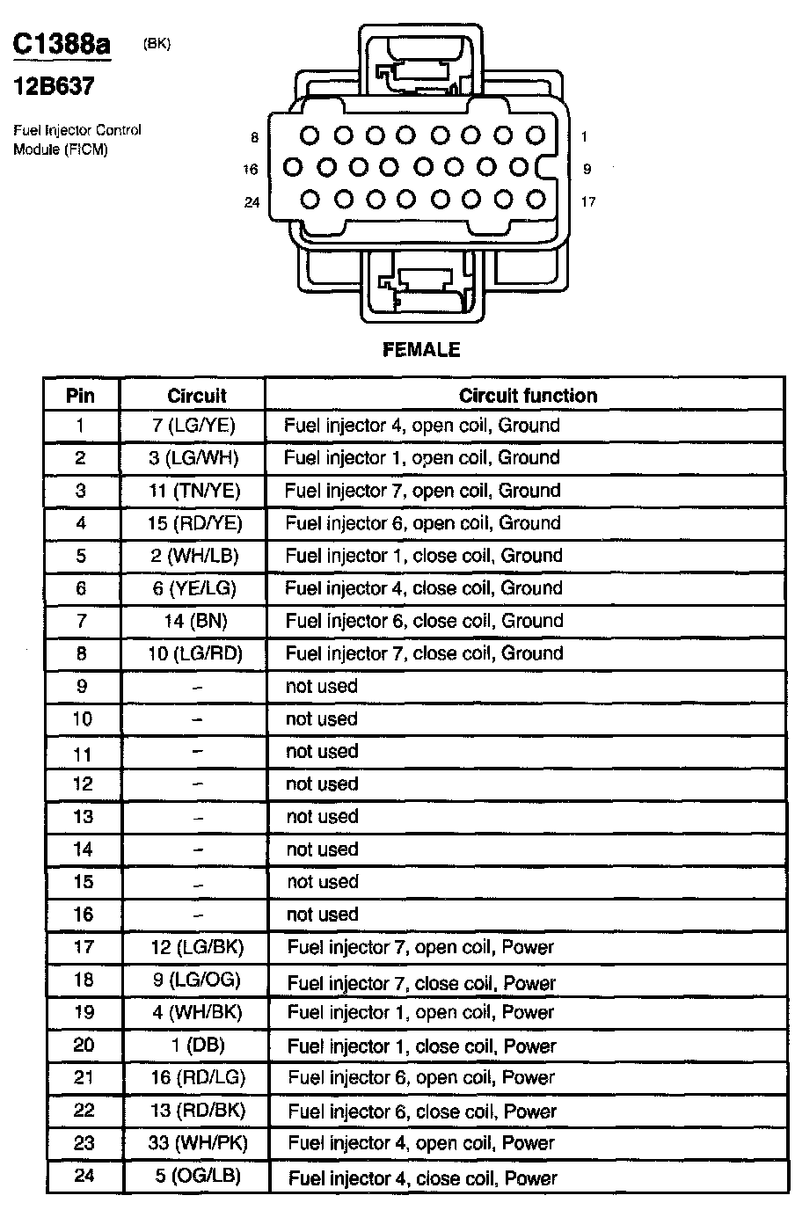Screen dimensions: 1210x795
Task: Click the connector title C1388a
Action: [x=62, y=45]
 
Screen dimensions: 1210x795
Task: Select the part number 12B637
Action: [x=54, y=86]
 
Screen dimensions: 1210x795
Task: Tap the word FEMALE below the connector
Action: [x=421, y=349]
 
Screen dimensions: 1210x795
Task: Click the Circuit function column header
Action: [x=528, y=396]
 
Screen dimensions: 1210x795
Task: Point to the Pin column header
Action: [x=81, y=396]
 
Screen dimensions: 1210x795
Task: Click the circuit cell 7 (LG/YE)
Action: [x=193, y=426]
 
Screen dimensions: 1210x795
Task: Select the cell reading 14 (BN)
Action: [x=195, y=621]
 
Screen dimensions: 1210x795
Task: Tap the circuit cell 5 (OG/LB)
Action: [x=197, y=1176]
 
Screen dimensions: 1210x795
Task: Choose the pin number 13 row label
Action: [x=83, y=816]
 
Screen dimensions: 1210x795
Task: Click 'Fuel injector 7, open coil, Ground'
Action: [x=422, y=491]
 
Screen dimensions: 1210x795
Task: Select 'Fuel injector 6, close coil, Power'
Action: [x=422, y=1112]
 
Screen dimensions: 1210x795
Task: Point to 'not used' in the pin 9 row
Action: [x=322, y=686]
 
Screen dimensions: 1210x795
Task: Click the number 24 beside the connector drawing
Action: [x=252, y=202]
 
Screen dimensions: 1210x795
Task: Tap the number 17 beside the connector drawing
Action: [x=588, y=202]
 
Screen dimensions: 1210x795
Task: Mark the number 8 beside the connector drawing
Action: [x=255, y=137]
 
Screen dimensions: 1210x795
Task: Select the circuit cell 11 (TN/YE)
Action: [x=194, y=491]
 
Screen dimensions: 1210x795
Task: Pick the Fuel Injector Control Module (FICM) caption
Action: [x=77, y=140]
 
